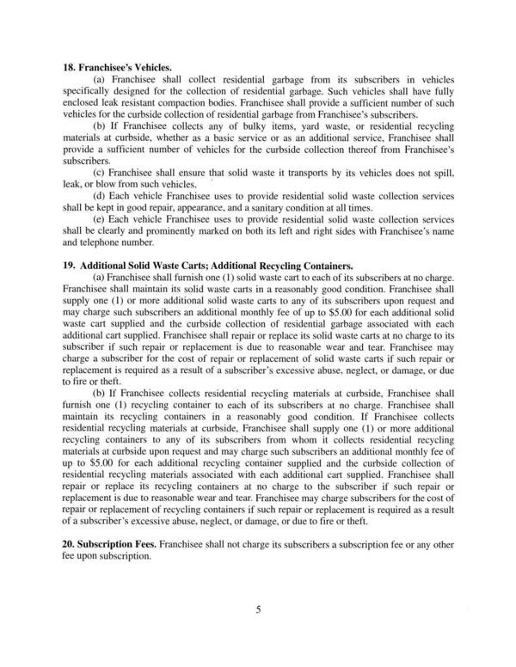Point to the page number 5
click(258, 611)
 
